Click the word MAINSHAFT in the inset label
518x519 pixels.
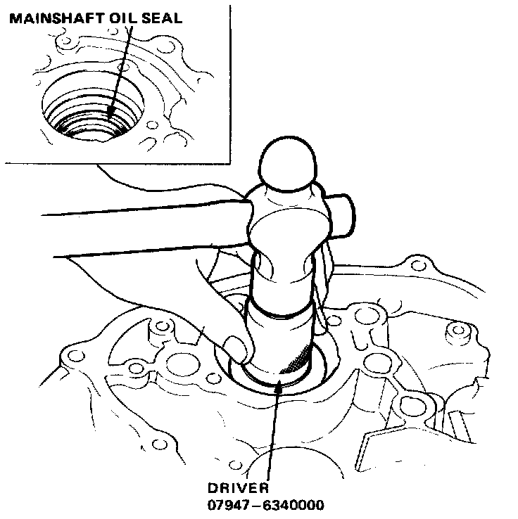(x=53, y=19)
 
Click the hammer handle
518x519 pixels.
(x=127, y=231)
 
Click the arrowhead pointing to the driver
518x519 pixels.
(x=279, y=384)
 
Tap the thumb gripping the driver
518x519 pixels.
(x=238, y=345)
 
